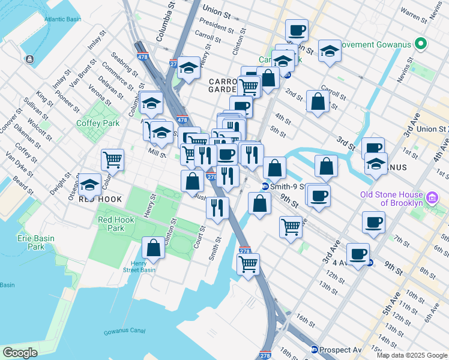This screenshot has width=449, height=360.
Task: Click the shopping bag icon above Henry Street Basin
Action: point(154,248)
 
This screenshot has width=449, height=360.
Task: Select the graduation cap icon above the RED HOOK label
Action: point(90,184)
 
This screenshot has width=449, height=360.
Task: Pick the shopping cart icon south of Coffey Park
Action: point(112,160)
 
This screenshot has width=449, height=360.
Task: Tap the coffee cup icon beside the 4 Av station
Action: point(358,254)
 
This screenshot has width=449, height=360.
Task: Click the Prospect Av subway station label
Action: point(336,350)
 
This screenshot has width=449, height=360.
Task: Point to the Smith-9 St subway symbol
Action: point(265,186)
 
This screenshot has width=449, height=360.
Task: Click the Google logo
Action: point(20,353)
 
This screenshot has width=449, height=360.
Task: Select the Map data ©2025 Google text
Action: point(411,355)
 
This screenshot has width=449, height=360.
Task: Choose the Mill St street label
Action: point(157,154)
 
